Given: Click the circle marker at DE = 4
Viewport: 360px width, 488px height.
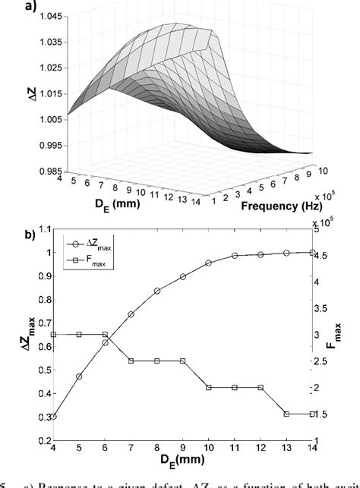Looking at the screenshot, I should (x=53, y=416).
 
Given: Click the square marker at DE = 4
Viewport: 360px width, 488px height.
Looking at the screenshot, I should (x=53, y=334).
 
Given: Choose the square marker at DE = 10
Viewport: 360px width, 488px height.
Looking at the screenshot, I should (x=209, y=387).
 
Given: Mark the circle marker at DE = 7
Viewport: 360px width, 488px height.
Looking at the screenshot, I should (x=131, y=314).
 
